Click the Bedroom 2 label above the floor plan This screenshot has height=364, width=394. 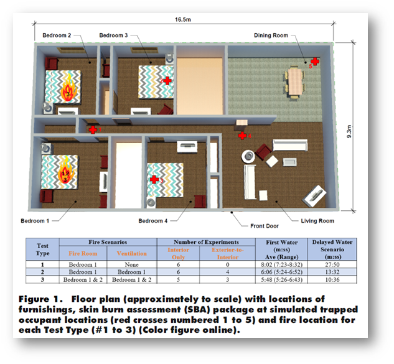pos(57,35)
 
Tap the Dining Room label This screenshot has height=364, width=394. pos(271,35)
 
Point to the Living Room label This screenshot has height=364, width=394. pos(317,221)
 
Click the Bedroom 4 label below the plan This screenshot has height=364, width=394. pos(153,221)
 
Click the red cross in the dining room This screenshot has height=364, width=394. pos(315,61)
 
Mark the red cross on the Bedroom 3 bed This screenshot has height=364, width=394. pos(166,81)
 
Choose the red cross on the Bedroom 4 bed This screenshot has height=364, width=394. pos(154,179)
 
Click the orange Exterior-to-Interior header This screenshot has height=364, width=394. pos(222,254)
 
